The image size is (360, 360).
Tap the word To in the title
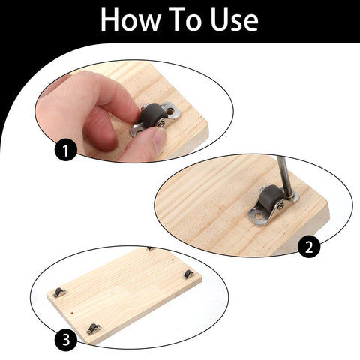187,20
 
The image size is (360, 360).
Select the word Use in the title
235,20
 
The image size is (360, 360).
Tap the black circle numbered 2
308,245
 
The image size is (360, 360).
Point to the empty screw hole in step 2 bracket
257,217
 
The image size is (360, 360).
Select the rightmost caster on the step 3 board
189,274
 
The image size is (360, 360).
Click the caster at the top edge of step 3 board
150,248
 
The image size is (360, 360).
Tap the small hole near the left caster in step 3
71,305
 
